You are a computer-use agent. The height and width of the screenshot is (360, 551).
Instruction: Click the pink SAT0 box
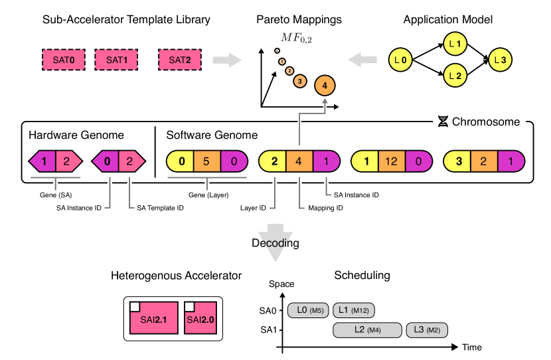point(64,60)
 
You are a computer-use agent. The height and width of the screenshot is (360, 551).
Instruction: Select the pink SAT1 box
point(117,60)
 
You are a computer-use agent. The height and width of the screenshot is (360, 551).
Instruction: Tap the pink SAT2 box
point(180,60)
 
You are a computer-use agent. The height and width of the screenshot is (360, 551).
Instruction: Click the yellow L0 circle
point(400,60)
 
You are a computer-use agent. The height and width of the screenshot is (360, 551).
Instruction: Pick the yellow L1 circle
point(455,45)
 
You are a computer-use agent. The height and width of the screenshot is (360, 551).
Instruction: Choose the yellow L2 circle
point(455,76)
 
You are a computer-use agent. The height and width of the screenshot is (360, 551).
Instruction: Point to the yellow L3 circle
point(500,60)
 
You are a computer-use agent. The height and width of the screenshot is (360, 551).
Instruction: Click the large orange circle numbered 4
point(325,86)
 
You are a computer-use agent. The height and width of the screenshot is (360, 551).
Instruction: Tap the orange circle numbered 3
point(300,81)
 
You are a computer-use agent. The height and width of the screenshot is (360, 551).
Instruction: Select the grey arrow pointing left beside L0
point(362,60)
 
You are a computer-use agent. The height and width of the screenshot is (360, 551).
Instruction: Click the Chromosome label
point(479,122)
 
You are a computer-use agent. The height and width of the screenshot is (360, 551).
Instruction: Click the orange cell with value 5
point(206,161)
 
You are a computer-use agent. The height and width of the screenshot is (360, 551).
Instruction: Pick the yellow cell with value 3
point(458,161)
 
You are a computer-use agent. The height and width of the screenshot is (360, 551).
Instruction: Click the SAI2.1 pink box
point(154,317)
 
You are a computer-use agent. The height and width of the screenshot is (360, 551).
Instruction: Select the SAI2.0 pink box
point(200,317)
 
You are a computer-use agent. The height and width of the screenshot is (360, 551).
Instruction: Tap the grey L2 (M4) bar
point(367,330)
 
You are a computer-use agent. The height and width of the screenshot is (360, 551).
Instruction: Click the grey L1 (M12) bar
point(354,310)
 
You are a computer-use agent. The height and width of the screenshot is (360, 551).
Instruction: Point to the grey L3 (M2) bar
point(427,330)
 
